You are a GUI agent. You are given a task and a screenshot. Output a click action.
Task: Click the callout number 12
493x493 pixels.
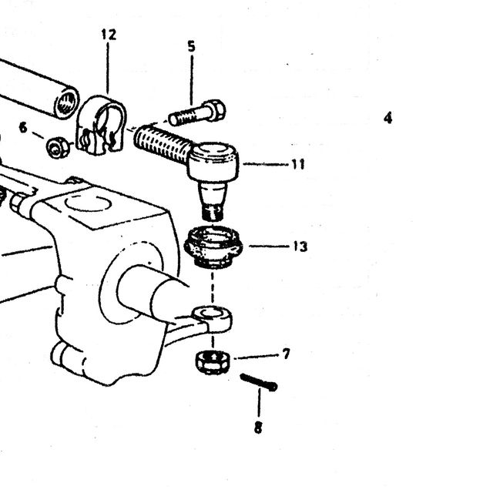click(109, 35)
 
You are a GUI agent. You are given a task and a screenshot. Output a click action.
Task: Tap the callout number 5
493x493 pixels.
click(191, 46)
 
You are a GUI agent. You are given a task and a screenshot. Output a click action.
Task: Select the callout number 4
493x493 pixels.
click(388, 118)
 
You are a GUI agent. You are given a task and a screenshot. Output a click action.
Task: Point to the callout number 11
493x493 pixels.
click(298, 164)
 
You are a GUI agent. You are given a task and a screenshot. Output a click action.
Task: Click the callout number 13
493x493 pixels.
click(300, 246)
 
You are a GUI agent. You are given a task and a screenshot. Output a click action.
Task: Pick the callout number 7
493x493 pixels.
click(286, 354)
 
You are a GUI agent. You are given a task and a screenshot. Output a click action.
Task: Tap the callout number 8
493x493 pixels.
click(258, 428)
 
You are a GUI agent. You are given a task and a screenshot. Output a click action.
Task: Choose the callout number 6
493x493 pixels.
click(23, 128)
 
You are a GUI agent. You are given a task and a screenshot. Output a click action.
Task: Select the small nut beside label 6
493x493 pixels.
click(59, 147)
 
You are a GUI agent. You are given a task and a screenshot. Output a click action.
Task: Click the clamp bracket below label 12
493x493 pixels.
click(101, 126)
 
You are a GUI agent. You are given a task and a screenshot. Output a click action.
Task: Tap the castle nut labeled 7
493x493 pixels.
click(213, 362)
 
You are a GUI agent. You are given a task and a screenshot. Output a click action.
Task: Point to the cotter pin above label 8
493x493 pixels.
click(259, 382)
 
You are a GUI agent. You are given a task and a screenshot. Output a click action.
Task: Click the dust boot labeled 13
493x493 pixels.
click(213, 247)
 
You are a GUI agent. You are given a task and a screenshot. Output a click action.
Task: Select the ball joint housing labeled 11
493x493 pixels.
click(213, 162)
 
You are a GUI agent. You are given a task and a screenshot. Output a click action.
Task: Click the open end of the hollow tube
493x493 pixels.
click(67, 102)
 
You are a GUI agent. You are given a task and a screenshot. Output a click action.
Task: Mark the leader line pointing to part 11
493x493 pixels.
click(266, 164)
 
